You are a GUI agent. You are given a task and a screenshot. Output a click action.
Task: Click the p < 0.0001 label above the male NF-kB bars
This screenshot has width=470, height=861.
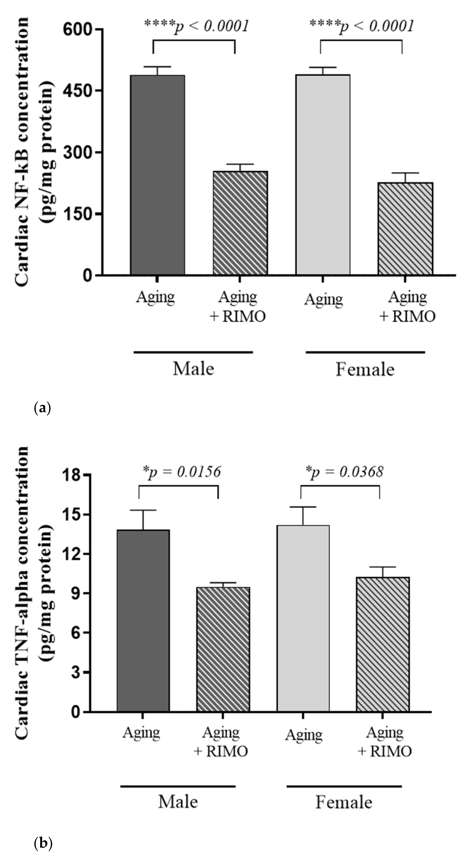tap(196, 26)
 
